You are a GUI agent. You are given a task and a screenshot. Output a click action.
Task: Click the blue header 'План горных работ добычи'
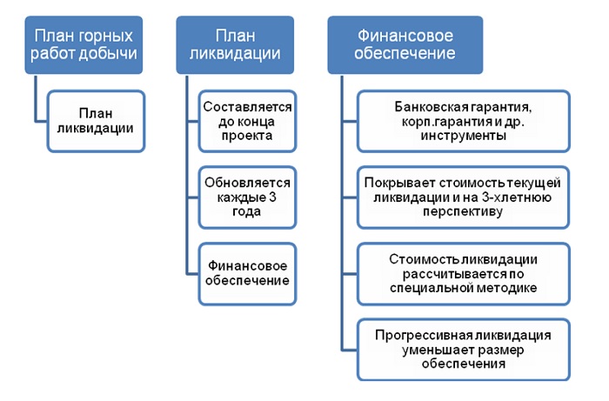84,45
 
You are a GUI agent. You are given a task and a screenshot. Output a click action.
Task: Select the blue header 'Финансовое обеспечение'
405,45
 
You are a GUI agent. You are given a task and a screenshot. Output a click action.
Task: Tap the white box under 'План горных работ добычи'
96,121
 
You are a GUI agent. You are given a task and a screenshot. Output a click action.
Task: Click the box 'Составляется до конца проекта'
247,121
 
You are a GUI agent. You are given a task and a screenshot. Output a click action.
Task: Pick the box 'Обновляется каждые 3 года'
247,197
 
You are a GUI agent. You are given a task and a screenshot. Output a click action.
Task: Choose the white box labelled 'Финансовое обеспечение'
247,274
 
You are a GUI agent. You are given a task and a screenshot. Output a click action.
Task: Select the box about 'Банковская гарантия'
464,121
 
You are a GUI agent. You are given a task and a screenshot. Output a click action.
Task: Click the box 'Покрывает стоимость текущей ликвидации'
464,197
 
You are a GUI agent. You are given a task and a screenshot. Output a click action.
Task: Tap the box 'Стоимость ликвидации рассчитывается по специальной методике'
464,274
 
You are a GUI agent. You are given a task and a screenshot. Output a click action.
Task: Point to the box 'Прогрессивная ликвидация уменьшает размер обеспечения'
464,350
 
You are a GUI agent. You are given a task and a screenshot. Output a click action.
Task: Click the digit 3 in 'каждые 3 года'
272,197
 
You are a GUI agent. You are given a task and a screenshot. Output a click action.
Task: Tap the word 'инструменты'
464,136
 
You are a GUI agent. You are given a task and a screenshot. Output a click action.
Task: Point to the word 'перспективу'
463,212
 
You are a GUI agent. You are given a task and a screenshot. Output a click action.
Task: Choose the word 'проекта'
247,136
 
